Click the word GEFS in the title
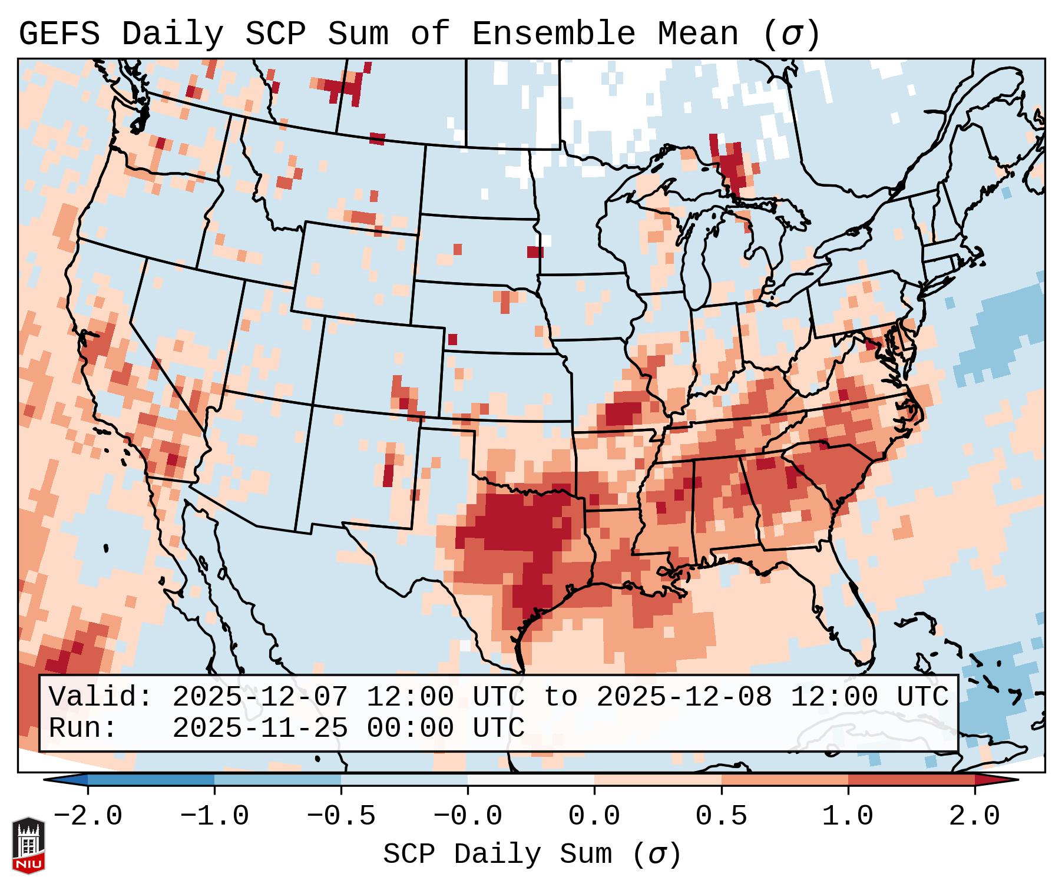59,34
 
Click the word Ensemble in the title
553,34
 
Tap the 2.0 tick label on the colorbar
974,816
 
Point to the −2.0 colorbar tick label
87,816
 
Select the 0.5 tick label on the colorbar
721,816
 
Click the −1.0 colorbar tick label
214,816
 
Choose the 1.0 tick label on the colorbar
848,816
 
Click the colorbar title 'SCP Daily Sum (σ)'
532,854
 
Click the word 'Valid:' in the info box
101,697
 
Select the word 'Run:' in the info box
83,728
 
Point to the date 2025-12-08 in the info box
684,697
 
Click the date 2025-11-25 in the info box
260,728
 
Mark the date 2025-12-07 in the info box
260,697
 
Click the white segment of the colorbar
531,780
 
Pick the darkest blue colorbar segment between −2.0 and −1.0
151,780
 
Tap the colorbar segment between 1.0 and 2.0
911,780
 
